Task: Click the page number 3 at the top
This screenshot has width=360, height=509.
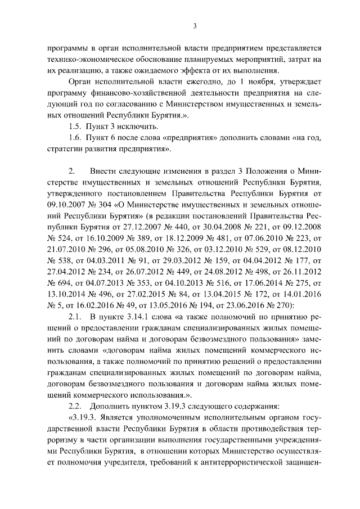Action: tap(194, 25)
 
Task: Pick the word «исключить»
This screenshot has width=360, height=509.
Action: tap(133, 127)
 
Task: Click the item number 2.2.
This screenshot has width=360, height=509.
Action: tap(75, 408)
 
